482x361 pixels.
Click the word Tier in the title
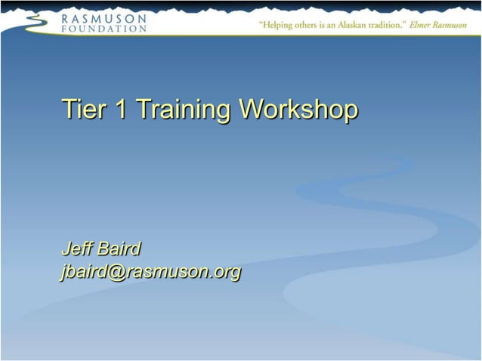84,110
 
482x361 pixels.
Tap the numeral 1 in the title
120,110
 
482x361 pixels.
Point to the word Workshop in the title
298,110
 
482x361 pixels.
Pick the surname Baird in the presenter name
119,248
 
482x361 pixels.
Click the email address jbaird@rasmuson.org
151,272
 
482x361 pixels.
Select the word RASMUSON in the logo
104,17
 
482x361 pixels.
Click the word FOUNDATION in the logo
104,28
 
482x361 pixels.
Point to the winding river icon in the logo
33,23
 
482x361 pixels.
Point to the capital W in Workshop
250,110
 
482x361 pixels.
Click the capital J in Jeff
66,248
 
